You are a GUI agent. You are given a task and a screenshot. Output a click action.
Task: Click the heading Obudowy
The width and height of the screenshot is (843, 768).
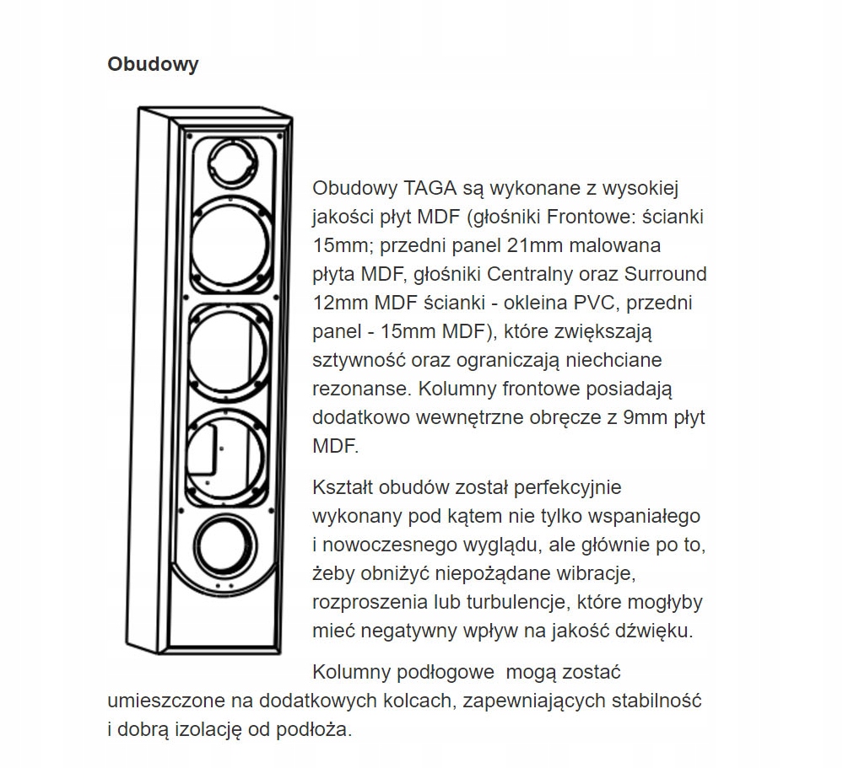pos(153,65)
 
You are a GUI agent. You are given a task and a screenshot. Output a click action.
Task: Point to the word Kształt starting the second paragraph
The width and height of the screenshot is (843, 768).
pos(345,489)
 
